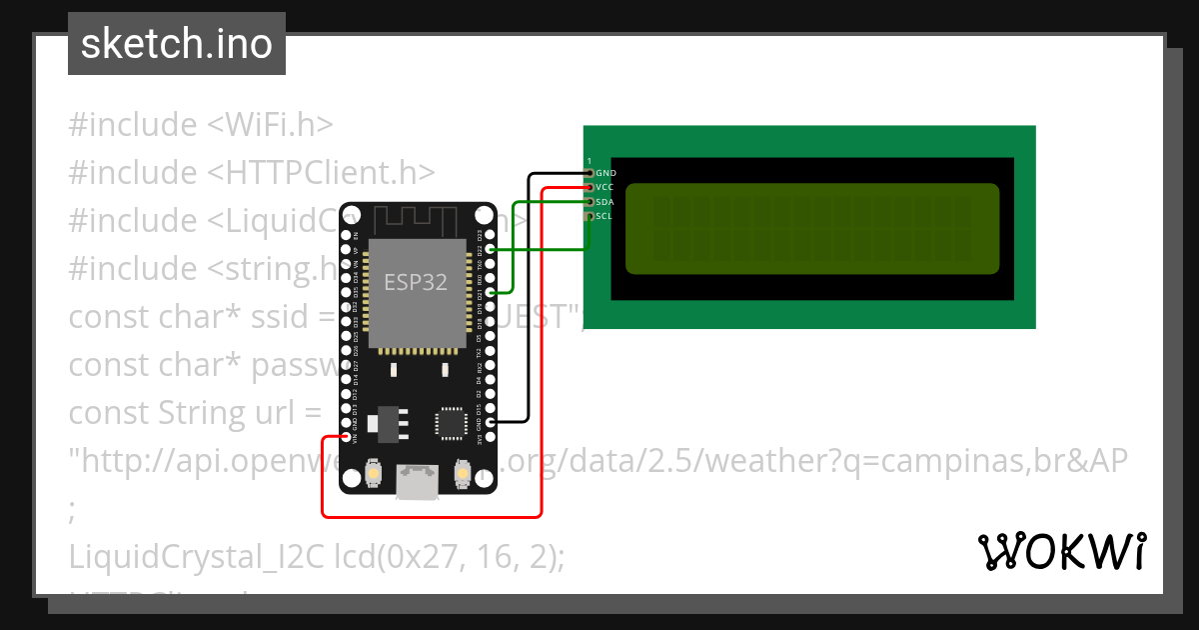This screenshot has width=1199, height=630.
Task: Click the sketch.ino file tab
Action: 177,44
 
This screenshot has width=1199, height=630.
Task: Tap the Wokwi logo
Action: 1061,552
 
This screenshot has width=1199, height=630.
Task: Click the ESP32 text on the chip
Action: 416,282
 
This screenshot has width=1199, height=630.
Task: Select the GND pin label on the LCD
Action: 605,173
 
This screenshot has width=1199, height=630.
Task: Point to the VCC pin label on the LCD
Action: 604,187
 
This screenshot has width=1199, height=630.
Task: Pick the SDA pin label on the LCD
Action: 604,201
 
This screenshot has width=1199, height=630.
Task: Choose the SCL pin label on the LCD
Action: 603,215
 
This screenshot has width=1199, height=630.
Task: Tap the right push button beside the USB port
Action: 462,471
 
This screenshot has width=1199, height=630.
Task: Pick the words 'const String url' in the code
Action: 195,412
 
